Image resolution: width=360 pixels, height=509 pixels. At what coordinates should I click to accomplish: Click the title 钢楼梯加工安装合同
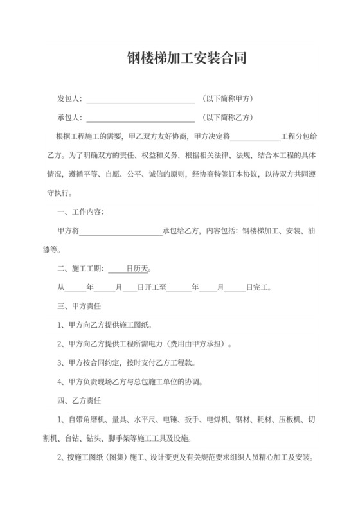pos(180,60)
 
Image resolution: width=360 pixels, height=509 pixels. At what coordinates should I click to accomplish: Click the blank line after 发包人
pos(140,100)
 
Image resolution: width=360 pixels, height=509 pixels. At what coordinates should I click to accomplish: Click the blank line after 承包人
pos(140,118)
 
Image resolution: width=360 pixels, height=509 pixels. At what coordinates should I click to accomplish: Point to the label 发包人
pos(69,99)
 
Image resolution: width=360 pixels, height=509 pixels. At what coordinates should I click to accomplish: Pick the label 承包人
pos(69,118)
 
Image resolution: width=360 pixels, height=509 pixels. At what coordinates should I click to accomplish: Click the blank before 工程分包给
pos(255,137)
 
